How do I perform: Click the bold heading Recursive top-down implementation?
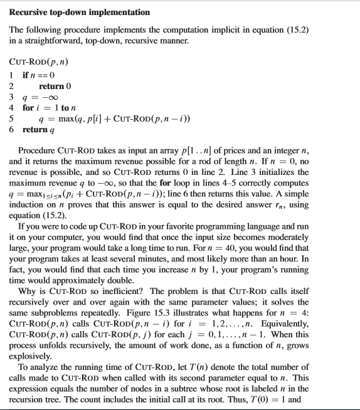79,12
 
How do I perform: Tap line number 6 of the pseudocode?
11,130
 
